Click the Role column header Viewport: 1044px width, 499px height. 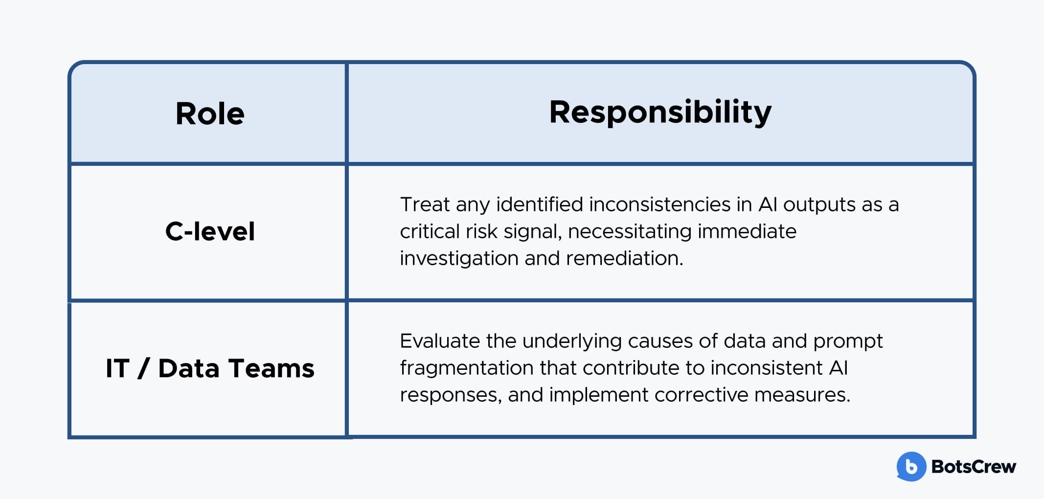(x=210, y=114)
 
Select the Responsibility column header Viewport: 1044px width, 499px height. (x=660, y=113)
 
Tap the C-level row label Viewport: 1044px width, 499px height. (x=210, y=231)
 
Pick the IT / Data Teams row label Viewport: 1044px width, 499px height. (x=210, y=368)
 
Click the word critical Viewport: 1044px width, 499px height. (x=429, y=231)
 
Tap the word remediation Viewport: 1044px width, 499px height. (x=624, y=258)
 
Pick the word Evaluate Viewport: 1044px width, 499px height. (x=440, y=341)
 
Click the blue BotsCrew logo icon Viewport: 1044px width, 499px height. (x=911, y=466)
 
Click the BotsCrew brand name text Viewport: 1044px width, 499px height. (x=974, y=467)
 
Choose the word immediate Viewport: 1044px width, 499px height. (x=747, y=231)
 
